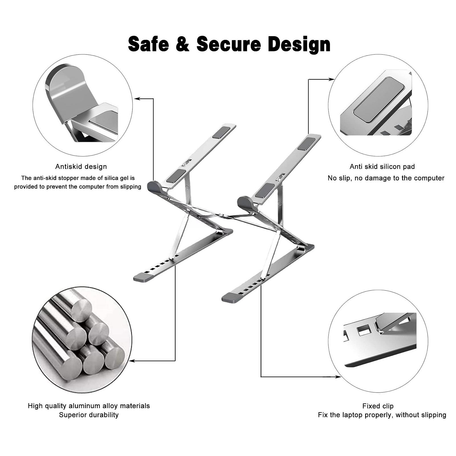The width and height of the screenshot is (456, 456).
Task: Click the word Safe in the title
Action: (148, 44)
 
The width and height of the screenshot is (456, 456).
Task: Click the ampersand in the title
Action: (183, 44)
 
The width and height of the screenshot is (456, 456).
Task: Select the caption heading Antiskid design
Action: (81, 166)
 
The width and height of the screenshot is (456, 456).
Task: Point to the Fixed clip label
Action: (378, 406)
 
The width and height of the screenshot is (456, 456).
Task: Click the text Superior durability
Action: (89, 415)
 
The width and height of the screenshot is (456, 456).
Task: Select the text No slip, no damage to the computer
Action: (386, 178)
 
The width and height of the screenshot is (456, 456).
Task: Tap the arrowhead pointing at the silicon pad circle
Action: (332, 79)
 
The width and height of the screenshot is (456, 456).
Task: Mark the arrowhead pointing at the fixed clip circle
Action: (338, 377)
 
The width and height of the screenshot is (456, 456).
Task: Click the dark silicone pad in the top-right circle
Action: (379, 100)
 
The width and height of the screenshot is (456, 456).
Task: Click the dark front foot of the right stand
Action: (231, 298)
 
